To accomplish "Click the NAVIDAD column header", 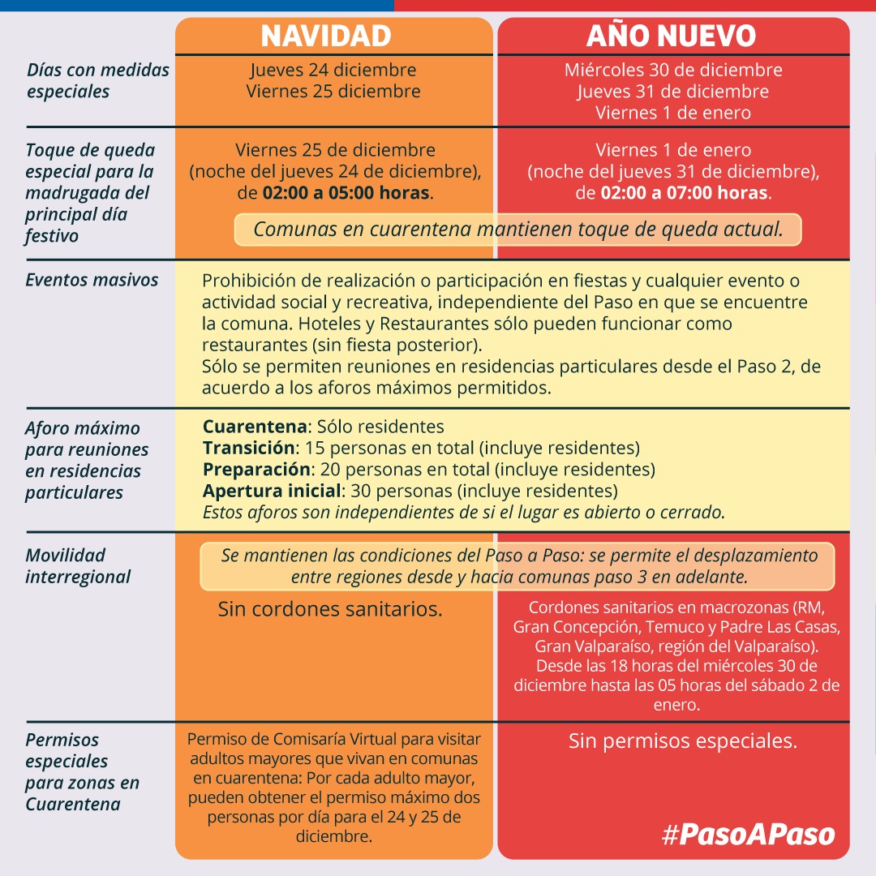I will pos(326,36).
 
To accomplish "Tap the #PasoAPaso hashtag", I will pos(748,835).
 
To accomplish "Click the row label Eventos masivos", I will pos(92,280).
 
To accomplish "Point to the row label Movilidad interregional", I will pos(78,566).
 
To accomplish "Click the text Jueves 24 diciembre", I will pos(333,70).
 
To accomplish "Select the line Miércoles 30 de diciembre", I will pos(673,70).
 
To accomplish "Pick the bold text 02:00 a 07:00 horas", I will pos(683,194).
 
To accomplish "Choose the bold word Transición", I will pos(248,448).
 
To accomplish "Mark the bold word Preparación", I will pos(256,469).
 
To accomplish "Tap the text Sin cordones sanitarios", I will pos(330,609).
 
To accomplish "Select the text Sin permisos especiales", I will pos(683,741).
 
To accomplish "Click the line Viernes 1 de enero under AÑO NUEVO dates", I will pos(673,113).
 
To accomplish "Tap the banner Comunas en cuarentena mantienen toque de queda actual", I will pos(517,230).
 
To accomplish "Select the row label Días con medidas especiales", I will pos(98,80).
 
